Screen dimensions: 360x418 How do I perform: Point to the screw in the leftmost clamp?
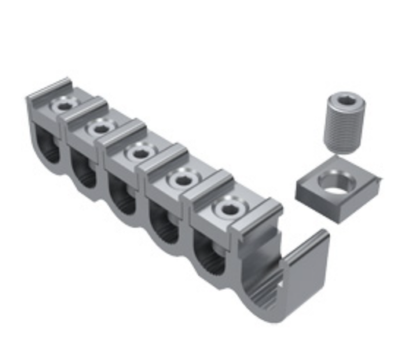[x=65, y=106]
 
